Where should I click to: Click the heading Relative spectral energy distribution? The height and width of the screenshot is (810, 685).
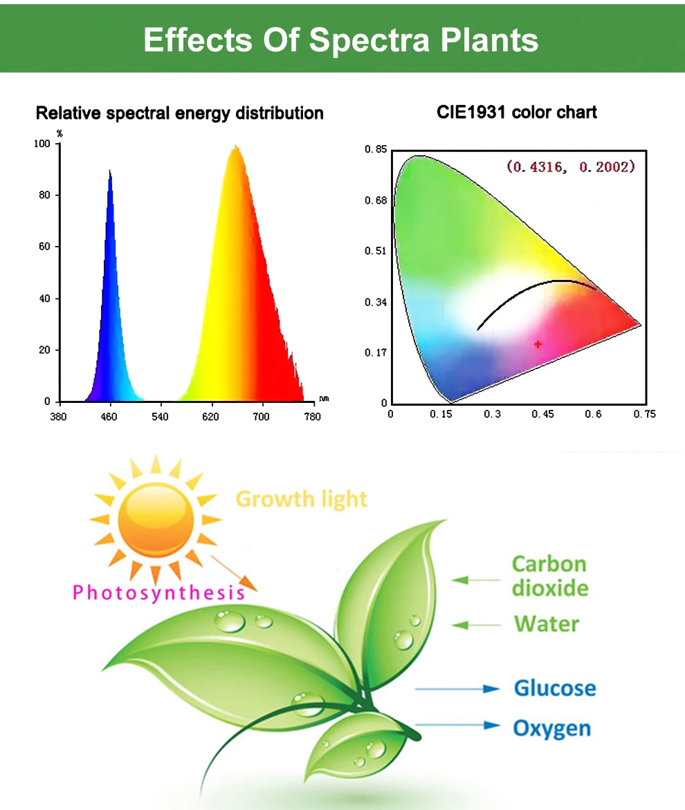pos(179,113)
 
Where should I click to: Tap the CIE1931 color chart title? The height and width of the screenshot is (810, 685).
pos(516,111)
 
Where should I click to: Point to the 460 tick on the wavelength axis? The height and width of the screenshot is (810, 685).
pos(109,417)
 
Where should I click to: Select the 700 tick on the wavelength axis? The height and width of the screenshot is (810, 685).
pos(262,417)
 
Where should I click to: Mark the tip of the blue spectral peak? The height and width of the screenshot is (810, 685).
pos(109,171)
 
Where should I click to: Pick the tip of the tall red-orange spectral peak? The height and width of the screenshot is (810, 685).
pos(236,146)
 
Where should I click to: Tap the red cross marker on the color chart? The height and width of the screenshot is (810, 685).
pos(538,343)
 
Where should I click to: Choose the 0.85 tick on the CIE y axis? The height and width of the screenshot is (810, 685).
pos(375,149)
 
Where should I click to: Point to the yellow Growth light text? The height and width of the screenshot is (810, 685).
pos(301,498)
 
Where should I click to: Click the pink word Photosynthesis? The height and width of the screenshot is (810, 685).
pos(158,592)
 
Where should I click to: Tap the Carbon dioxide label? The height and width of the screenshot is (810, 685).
pos(550,576)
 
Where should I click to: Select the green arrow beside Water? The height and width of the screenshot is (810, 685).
pos(477,625)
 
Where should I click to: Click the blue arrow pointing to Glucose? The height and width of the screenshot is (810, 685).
pos(457,688)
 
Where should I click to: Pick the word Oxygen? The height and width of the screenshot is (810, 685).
pos(551,728)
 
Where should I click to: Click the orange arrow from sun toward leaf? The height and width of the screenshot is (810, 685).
pos(233,573)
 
